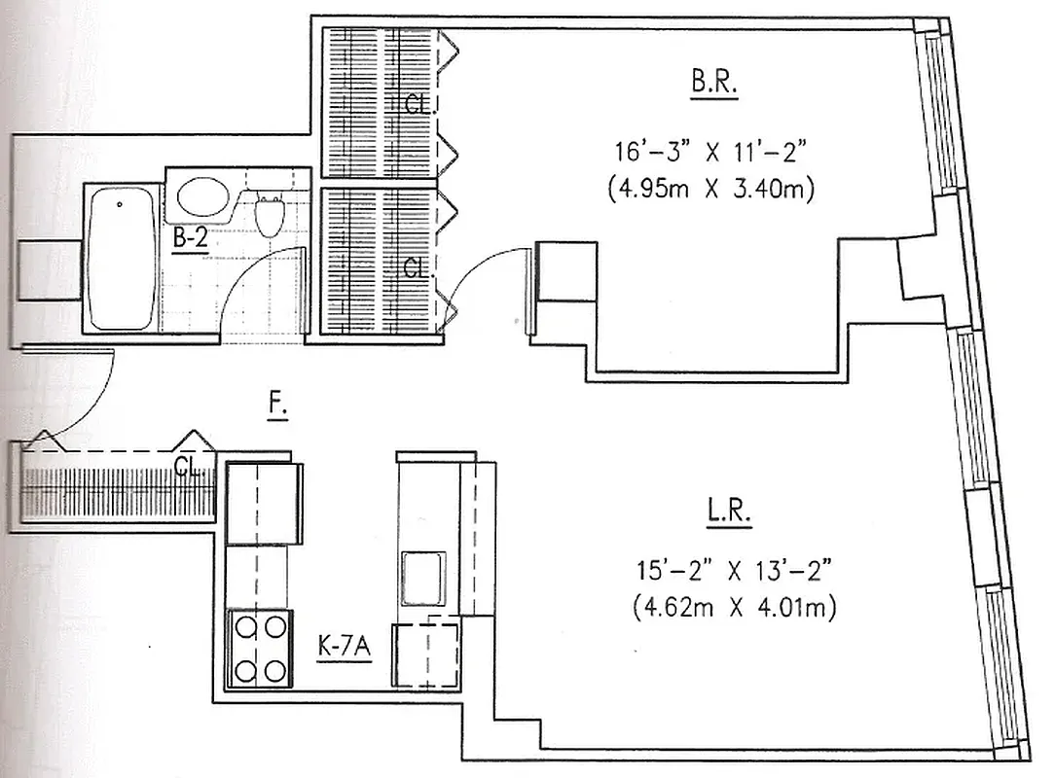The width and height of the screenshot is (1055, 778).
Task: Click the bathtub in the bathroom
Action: (x=120, y=260)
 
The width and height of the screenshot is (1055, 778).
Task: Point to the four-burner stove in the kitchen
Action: (x=259, y=648)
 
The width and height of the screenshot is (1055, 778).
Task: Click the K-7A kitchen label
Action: (x=345, y=646)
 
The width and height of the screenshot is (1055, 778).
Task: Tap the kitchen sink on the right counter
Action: (x=424, y=578)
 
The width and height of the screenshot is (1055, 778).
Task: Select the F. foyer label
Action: (x=278, y=407)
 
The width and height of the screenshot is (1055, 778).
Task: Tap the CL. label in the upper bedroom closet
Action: (x=418, y=106)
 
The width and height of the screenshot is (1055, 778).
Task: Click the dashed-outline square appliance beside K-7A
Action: (x=424, y=656)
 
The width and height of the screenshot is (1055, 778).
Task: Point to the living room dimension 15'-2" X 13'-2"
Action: (x=729, y=570)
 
